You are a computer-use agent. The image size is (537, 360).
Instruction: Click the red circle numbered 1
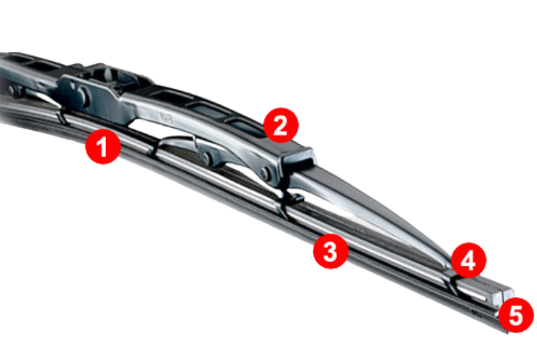coord(103,146)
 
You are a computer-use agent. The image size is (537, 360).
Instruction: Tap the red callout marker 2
coord(281,126)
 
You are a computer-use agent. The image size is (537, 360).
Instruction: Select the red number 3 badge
coord(330,251)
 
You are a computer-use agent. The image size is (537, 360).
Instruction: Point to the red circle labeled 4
coord(468,261)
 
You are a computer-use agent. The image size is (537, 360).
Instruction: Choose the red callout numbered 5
coord(516,315)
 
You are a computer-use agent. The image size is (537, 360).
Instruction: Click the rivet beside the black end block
coord(264,173)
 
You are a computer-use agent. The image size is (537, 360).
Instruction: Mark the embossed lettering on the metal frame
coord(166,118)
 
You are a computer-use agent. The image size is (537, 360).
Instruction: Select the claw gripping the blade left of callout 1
coord(62,115)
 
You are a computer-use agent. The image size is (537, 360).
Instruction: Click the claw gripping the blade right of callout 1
coord(152,148)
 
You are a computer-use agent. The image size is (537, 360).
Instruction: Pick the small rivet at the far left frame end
coord(12,91)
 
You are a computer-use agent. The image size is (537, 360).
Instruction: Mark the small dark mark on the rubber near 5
coord(475,312)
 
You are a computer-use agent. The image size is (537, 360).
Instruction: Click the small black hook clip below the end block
coord(295,198)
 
